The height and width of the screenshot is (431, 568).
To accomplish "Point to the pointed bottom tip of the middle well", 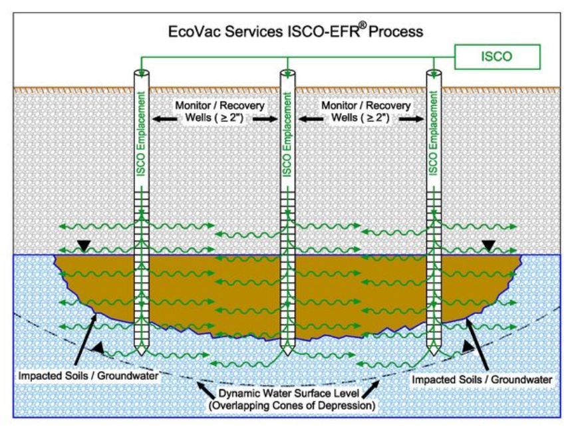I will click(x=287, y=351).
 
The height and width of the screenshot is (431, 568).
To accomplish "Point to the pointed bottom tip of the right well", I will click(x=435, y=351).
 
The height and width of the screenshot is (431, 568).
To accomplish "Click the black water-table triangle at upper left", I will click(x=83, y=247).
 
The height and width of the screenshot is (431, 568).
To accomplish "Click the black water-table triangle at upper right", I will click(x=489, y=246).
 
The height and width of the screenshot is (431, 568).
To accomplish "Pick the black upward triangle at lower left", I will click(x=98, y=347).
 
